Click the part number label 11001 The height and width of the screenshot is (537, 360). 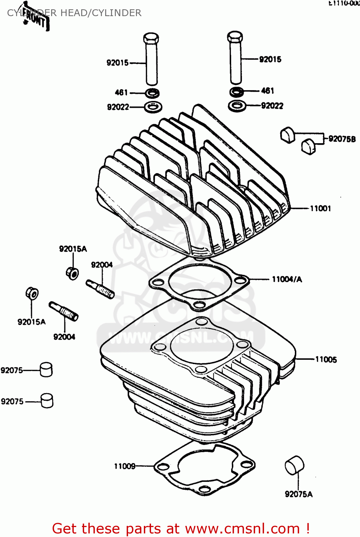click(x=320, y=208)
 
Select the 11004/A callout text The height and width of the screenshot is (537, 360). click(x=287, y=279)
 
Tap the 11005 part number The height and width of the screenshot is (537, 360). click(x=326, y=359)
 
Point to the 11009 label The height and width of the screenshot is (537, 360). click(x=125, y=466)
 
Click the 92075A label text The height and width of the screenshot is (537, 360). click(x=298, y=494)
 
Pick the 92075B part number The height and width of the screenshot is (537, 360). click(x=342, y=139)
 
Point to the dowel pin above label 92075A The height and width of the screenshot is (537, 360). click(x=294, y=466)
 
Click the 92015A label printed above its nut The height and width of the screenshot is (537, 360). click(x=73, y=249)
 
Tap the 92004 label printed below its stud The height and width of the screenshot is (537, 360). click(x=64, y=337)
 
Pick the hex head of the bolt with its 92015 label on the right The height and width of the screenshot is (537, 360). click(x=235, y=37)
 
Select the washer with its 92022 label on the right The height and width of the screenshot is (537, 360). click(x=237, y=106)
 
